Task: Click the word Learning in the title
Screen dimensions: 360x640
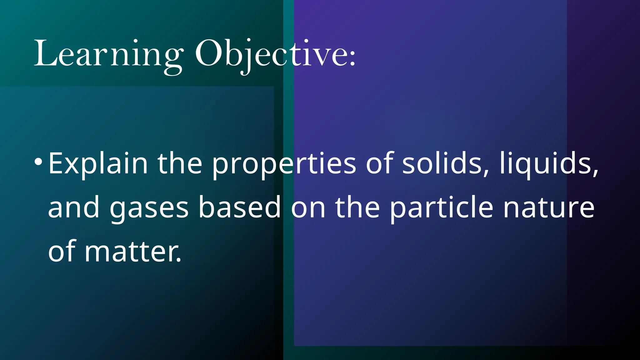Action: point(108,54)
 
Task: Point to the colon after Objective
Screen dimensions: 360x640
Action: point(352,58)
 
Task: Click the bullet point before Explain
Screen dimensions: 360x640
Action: point(38,162)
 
